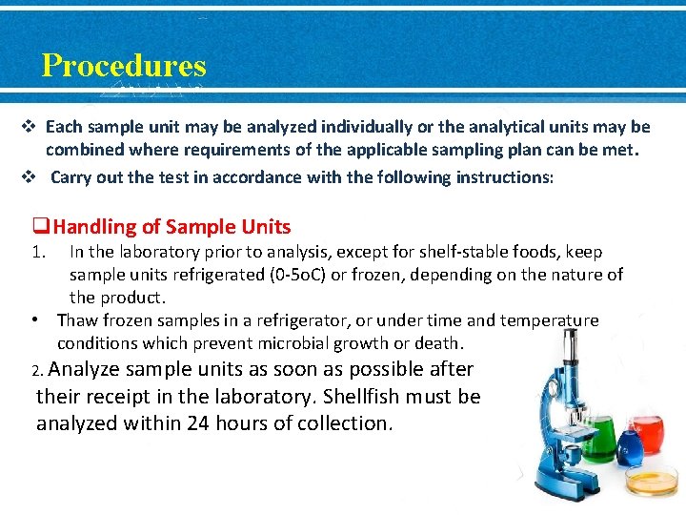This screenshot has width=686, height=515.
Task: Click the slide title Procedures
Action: click(x=124, y=66)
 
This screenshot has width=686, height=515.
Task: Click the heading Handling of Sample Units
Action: click(x=171, y=227)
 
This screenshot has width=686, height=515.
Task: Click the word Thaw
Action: click(x=76, y=320)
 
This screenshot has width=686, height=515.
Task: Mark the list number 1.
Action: click(x=38, y=253)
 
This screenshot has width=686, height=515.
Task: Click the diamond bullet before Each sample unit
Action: click(x=30, y=127)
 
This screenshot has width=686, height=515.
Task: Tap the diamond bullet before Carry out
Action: click(x=30, y=177)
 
